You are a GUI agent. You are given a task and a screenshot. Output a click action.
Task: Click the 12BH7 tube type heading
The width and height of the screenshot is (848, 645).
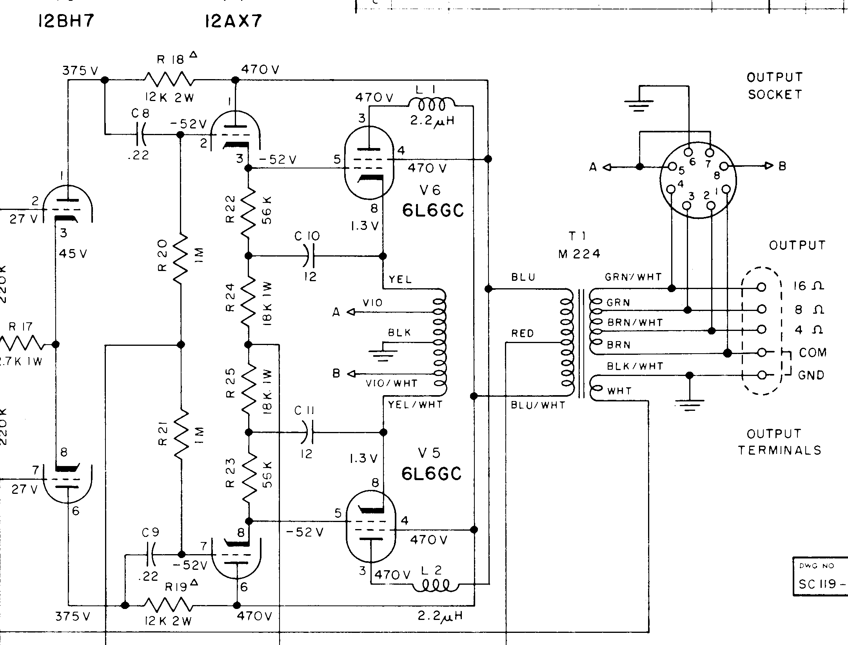66,22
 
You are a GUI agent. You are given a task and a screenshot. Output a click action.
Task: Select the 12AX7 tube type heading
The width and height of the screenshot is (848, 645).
233,22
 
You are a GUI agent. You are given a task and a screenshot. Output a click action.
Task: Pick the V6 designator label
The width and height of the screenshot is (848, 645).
430,190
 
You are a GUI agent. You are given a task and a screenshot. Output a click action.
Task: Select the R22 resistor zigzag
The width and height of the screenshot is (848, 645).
248,211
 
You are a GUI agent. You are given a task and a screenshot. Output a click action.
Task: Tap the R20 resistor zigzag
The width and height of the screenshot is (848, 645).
181,258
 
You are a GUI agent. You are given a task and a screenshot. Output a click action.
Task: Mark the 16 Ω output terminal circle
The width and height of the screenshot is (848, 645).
761,287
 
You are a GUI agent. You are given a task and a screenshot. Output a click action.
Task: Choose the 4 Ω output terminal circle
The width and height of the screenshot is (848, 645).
761,330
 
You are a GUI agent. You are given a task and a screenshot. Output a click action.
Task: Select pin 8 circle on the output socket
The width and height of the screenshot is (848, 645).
724,166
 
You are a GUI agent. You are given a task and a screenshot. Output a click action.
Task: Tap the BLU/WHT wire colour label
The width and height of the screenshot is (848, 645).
538,405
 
